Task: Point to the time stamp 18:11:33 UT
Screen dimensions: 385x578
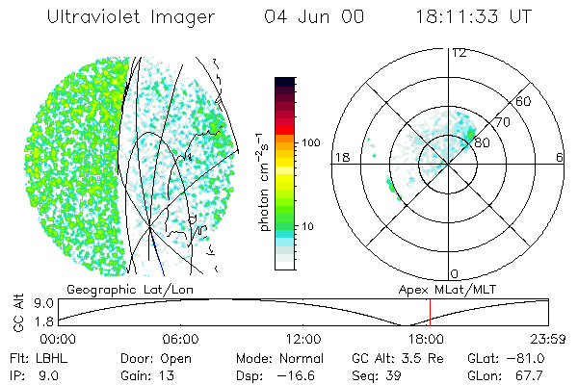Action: coord(472,18)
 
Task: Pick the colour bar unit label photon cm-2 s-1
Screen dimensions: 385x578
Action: coord(262,183)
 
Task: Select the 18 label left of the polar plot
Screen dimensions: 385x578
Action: coord(340,157)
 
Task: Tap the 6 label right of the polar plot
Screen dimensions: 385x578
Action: coord(560,157)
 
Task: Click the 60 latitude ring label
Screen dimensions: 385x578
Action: coord(524,101)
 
